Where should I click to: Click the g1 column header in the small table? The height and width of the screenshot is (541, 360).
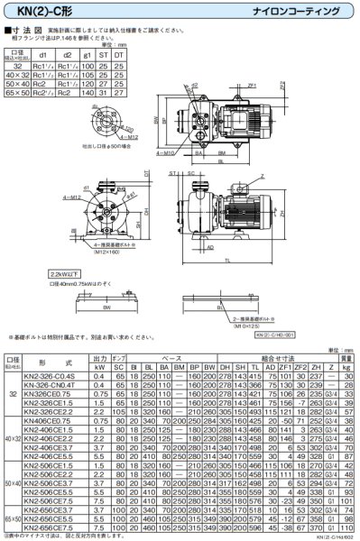88,54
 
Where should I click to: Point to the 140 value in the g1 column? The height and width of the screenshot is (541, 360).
88,93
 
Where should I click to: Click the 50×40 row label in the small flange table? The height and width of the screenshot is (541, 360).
20,83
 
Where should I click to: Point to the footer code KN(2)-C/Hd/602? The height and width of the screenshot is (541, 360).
334,536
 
